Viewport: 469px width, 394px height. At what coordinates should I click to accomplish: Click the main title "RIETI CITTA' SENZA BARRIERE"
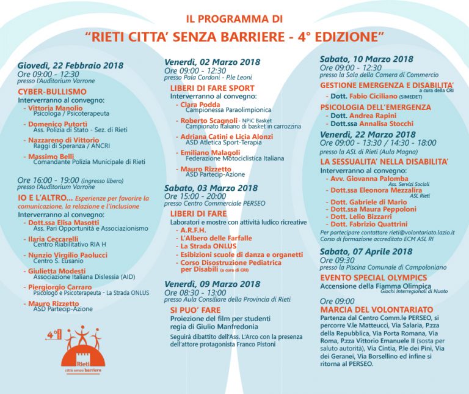tap(235, 37)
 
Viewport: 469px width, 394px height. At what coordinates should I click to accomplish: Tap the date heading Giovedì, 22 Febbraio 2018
tap(70, 66)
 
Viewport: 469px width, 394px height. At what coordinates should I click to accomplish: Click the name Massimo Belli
tap(53, 157)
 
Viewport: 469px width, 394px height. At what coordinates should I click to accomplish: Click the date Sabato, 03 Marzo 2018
tap(211, 188)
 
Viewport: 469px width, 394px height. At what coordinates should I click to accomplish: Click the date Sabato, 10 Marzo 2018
tap(366, 59)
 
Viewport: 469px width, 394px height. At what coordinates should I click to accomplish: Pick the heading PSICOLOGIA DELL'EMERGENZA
tap(372, 106)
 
